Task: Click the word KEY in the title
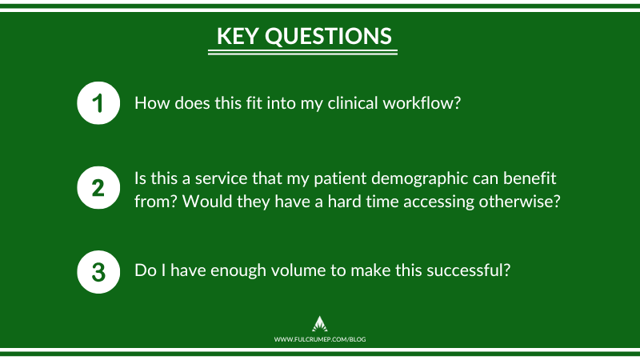[238, 36]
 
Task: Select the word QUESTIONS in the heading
[329, 37]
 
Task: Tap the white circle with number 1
[98, 103]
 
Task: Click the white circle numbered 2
[98, 188]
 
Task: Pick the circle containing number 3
[98, 272]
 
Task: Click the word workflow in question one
[422, 103]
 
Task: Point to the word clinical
[353, 103]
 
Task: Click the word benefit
[530, 178]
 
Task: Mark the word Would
[207, 202]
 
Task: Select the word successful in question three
[466, 270]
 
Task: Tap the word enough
[238, 271]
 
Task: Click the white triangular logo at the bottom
[319, 324]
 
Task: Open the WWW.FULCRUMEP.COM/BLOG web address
[320, 339]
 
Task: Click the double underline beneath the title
[302, 52]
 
